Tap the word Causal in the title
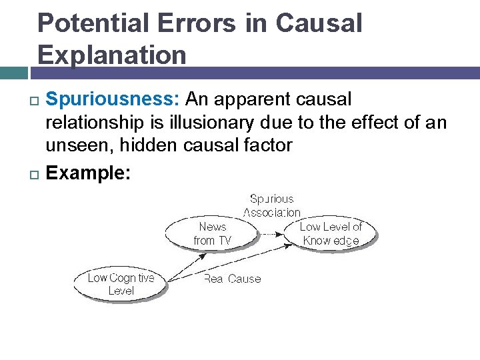tap(319, 23)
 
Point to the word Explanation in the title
tap(112, 54)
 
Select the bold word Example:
tap(89, 174)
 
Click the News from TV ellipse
tap(212, 233)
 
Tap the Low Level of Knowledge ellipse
tap(330, 233)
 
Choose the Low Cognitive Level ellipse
tap(121, 284)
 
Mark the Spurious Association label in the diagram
tap(271, 205)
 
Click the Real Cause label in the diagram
tap(232, 279)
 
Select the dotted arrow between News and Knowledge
tap(269, 234)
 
